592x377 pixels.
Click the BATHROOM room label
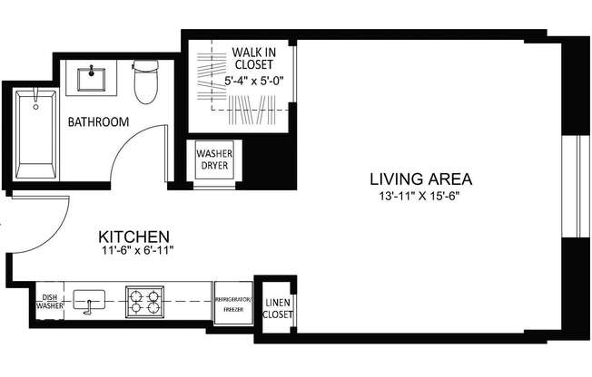(x=97, y=121)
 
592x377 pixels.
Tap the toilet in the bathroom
(x=144, y=82)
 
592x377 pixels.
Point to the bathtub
(x=36, y=133)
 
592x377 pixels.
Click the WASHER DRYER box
(x=215, y=160)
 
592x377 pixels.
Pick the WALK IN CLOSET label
(x=254, y=59)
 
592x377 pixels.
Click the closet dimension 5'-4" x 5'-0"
(x=254, y=80)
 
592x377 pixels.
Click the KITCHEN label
(x=136, y=234)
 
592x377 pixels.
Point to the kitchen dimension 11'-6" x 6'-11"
(x=136, y=251)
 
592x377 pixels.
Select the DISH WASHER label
(x=49, y=301)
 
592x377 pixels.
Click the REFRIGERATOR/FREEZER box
(x=232, y=303)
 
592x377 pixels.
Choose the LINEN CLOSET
(x=278, y=308)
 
